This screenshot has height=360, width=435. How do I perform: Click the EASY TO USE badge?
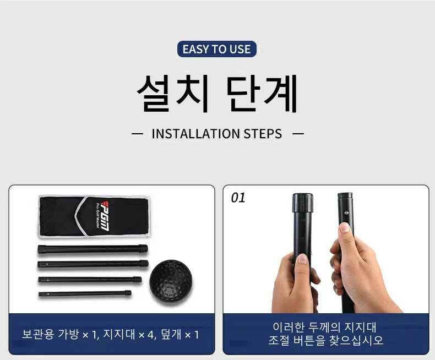click(216, 49)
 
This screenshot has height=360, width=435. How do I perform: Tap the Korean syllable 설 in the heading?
click(154, 93)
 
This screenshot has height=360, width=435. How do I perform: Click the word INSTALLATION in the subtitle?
click(196, 134)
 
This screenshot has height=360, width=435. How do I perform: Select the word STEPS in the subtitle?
click(263, 134)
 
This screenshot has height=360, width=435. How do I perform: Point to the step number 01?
click(238, 198)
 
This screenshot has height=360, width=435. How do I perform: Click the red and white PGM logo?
click(105, 216)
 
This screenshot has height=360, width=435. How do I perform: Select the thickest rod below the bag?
click(93, 249)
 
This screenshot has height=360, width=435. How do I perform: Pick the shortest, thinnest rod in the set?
click(85, 293)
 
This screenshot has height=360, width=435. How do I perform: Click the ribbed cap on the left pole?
click(302, 203)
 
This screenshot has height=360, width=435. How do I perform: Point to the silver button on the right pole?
click(346, 213)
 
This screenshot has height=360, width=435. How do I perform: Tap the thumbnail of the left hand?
click(302, 259)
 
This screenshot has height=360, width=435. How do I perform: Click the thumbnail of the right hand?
click(345, 227)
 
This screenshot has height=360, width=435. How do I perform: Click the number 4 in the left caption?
click(150, 335)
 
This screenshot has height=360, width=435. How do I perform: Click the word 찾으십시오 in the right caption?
click(356, 340)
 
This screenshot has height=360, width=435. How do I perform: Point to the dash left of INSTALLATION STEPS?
click(137, 134)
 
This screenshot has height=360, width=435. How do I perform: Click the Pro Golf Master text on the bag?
click(97, 216)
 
